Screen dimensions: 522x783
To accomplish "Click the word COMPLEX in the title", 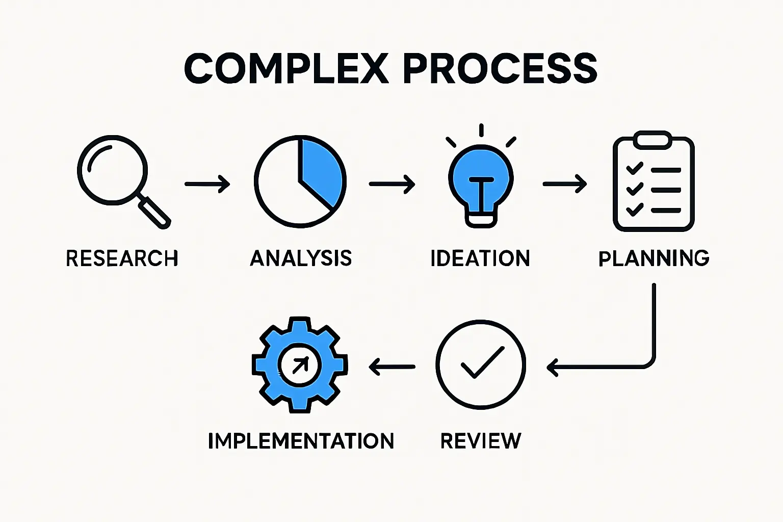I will tap(286, 69).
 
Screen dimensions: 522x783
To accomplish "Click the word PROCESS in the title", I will tap(500, 69).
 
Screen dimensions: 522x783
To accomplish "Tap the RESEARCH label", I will tap(122, 258).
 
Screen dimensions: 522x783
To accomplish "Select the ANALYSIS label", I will tap(301, 258).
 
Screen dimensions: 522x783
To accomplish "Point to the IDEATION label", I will tap(480, 258).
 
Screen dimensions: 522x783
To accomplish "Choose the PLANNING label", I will tap(654, 258).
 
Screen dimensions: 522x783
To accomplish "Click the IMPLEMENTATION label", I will tap(301, 441).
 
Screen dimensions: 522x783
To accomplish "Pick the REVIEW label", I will tap(481, 441).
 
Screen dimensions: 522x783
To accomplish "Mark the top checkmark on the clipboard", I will tap(635, 169).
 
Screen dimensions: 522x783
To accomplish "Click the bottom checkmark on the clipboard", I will tap(635, 208).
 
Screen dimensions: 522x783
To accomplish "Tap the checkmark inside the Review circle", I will tap(481, 362).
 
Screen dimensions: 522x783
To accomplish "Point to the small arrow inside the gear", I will tap(300, 364).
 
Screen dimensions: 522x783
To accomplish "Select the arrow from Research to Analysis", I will tap(207, 184).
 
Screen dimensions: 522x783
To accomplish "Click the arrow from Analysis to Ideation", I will tap(392, 184).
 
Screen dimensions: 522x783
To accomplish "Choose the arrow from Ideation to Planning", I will tap(565, 184).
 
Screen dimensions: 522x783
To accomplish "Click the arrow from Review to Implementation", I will tap(392, 366).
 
